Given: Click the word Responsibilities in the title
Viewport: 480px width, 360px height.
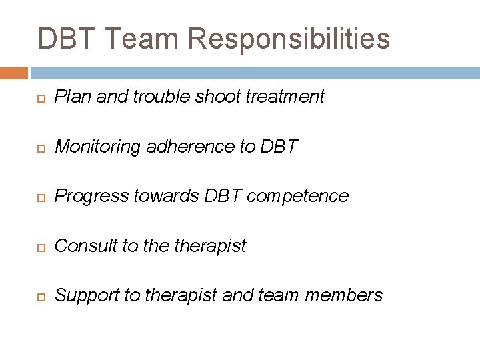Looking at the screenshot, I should tap(289, 38).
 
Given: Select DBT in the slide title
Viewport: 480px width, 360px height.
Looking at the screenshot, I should tap(67, 38).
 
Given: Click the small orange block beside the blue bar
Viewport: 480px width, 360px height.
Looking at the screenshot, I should tap(14, 73).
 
